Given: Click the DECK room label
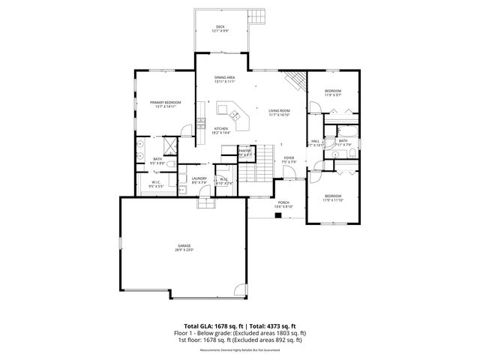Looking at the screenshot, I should [x=220, y=27].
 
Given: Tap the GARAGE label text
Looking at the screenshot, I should [x=184, y=245].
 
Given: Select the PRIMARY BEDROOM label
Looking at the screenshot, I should [x=164, y=102].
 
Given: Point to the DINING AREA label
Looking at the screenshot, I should [x=225, y=77].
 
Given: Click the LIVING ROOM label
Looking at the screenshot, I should [x=280, y=111].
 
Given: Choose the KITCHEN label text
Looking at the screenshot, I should [x=220, y=128].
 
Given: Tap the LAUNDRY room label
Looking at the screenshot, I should [x=199, y=178].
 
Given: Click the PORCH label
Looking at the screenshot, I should [x=283, y=202].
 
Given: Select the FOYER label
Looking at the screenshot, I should [x=289, y=157].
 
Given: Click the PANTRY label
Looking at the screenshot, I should [x=244, y=151].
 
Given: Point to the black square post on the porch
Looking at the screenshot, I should [x=278, y=216].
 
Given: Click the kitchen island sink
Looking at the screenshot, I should [x=235, y=115].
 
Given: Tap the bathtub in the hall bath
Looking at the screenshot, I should [x=345, y=154].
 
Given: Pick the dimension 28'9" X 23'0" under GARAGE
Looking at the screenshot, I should [x=184, y=250].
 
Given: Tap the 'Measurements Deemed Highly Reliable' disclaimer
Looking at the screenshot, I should [x=240, y=349].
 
